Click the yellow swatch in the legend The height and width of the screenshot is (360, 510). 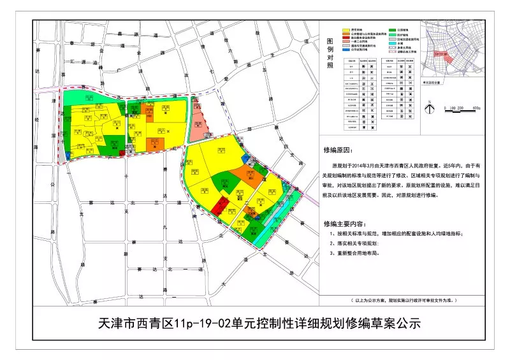pyautogui.click(x=346, y=30)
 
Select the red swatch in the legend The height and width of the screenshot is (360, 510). pyautogui.click(x=346, y=38)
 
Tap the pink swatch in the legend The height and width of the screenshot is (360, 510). pyautogui.click(x=346, y=41)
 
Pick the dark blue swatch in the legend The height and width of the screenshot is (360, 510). pyautogui.click(x=346, y=50)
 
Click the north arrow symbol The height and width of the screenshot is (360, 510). pyautogui.click(x=430, y=109)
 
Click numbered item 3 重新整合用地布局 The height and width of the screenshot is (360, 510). pyautogui.click(x=357, y=252)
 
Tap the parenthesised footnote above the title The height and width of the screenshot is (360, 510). pyautogui.click(x=405, y=299)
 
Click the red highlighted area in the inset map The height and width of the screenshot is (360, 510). pyautogui.click(x=443, y=58)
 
